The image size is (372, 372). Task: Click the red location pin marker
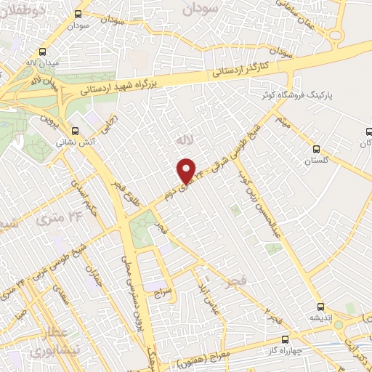[187, 170]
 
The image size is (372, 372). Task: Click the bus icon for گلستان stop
[315, 148]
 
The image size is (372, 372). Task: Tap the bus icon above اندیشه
[320, 307]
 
